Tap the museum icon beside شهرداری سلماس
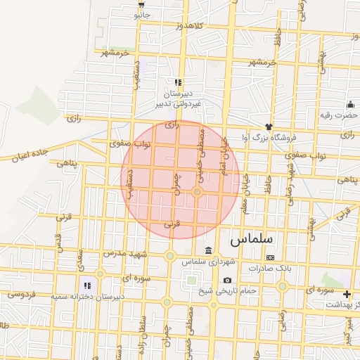[208, 251]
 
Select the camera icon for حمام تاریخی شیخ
[227, 281]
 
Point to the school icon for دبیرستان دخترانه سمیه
[88, 285]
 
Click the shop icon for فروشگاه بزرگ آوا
[268, 127]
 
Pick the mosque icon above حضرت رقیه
[349, 104]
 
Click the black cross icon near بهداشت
[346, 294]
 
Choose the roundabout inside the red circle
[198, 192]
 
